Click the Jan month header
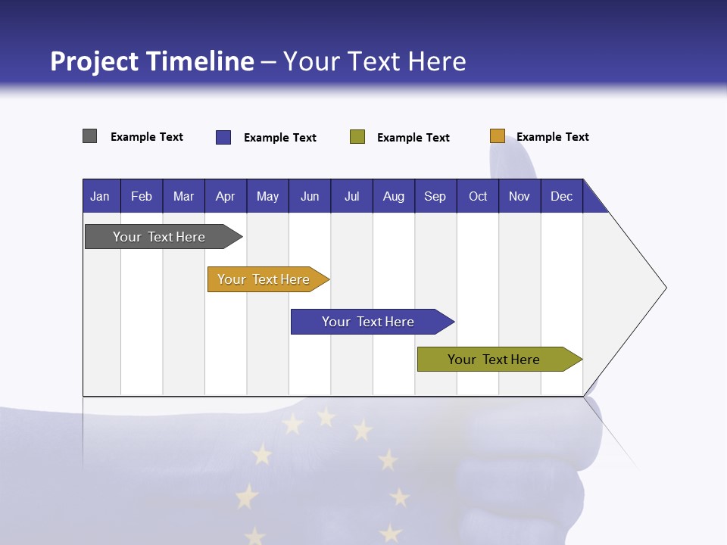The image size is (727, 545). (x=101, y=196)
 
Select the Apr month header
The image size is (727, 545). (x=225, y=196)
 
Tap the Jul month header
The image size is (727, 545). (x=351, y=196)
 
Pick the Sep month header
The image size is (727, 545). (x=435, y=196)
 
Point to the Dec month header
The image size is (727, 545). (x=561, y=196)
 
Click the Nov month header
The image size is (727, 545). (x=519, y=196)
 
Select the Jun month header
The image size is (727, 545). (x=309, y=196)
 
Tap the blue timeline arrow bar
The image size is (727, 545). (x=369, y=322)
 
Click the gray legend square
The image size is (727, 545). (x=89, y=136)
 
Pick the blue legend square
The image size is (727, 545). (x=223, y=137)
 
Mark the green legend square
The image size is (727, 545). (x=357, y=137)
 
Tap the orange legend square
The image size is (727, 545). (x=498, y=136)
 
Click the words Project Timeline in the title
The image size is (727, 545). (x=152, y=61)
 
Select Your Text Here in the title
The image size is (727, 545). (x=375, y=61)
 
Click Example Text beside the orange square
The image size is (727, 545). (x=552, y=137)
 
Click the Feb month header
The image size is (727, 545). (x=142, y=196)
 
